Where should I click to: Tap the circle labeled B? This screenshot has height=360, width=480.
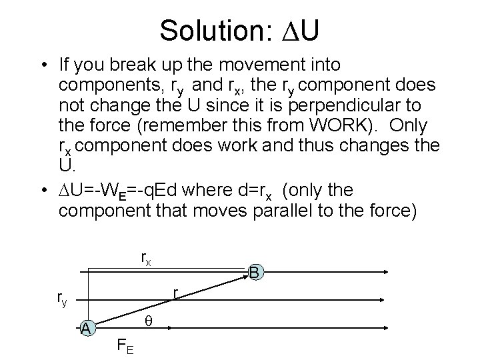pos(254,273)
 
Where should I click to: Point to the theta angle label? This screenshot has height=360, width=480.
pos(149,321)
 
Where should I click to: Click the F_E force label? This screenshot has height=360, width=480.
pos(124,346)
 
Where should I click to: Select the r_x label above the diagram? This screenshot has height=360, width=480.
pos(146,258)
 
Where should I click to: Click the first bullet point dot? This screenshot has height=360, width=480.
pos(42,66)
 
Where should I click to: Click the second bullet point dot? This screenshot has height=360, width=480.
pos(42,192)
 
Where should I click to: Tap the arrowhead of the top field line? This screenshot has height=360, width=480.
pos(394,271)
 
